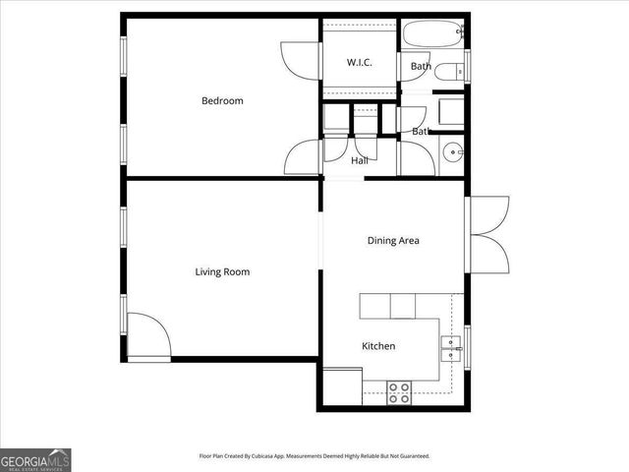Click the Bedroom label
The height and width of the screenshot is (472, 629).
[222, 100]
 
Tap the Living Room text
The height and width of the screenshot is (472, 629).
[222, 271]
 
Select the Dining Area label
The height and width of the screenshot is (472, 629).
[393, 240]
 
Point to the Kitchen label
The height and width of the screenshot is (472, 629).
[378, 346]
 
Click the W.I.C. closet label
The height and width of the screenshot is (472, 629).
[359, 63]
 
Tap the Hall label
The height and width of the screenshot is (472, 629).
[359, 160]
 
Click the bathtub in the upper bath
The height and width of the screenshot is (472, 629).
[432, 34]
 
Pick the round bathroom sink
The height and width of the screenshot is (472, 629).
[451, 152]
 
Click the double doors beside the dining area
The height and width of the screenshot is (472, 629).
[488, 232]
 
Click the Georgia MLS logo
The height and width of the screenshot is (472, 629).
[35, 459]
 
